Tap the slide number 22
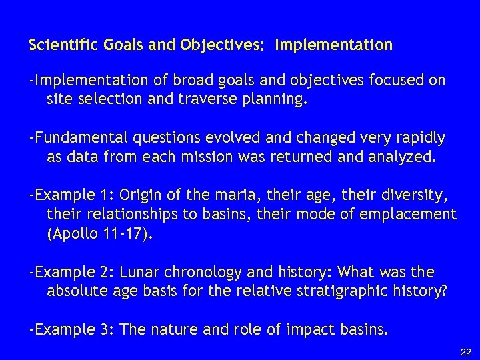pyautogui.click(x=465, y=351)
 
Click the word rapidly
pyautogui.click(x=418, y=138)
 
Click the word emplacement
pyautogui.click(x=411, y=215)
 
